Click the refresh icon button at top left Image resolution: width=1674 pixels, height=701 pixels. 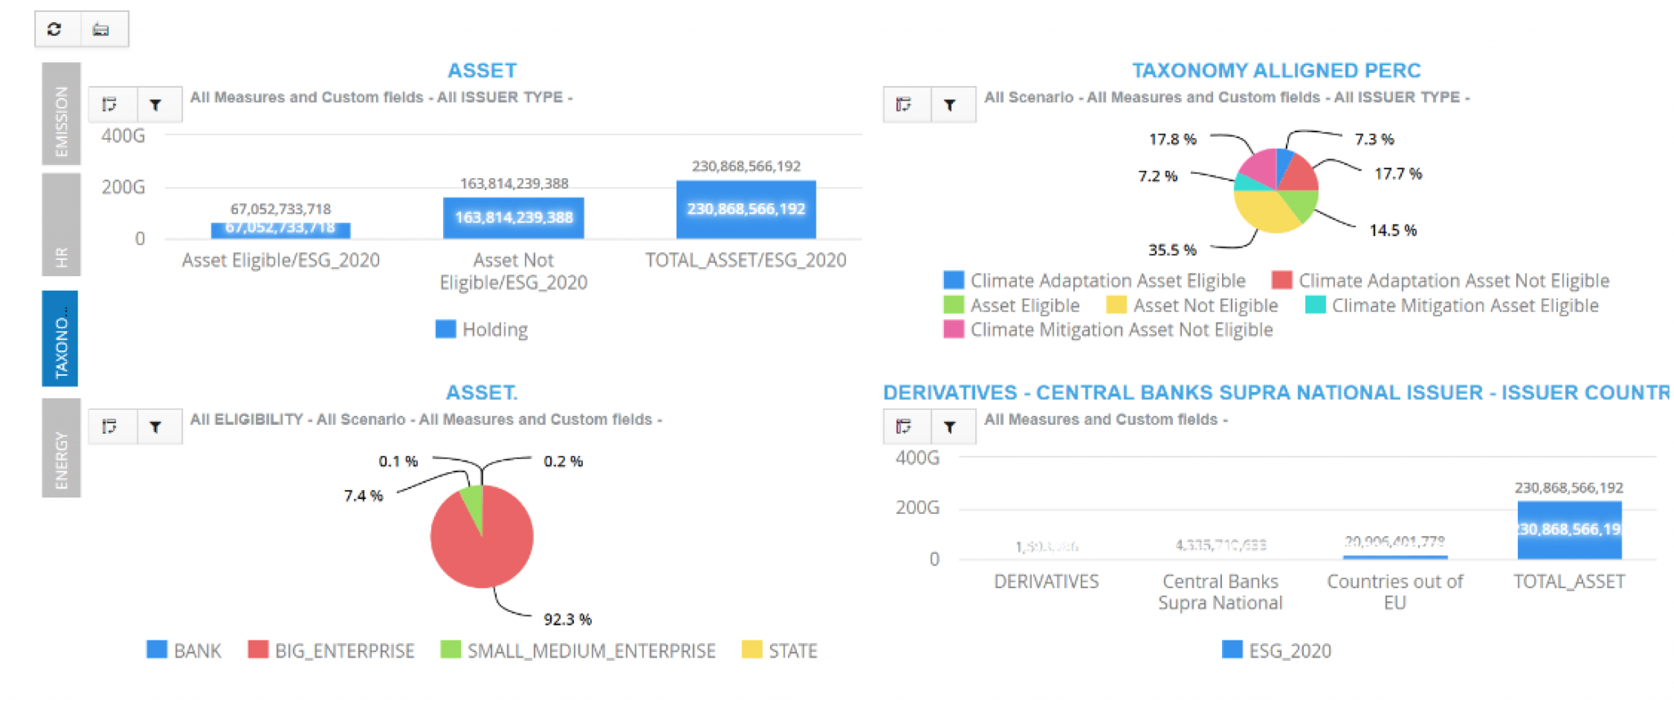point(55,29)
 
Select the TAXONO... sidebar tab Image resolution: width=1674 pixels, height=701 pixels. point(60,338)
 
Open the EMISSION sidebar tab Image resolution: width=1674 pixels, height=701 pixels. point(61,114)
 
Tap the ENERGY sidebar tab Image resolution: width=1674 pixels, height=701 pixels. point(61,448)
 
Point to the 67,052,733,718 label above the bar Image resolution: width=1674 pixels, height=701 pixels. point(280,209)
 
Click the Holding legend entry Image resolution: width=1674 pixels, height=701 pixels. point(482,329)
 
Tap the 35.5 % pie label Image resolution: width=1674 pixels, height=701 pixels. point(1172,250)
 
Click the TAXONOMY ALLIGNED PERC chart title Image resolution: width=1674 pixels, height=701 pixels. point(1276,70)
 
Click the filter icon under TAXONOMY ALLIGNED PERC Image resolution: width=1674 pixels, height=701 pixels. point(950,105)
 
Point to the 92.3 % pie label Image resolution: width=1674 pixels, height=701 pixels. point(567,619)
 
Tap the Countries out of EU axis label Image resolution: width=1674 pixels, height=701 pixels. point(1394,592)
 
